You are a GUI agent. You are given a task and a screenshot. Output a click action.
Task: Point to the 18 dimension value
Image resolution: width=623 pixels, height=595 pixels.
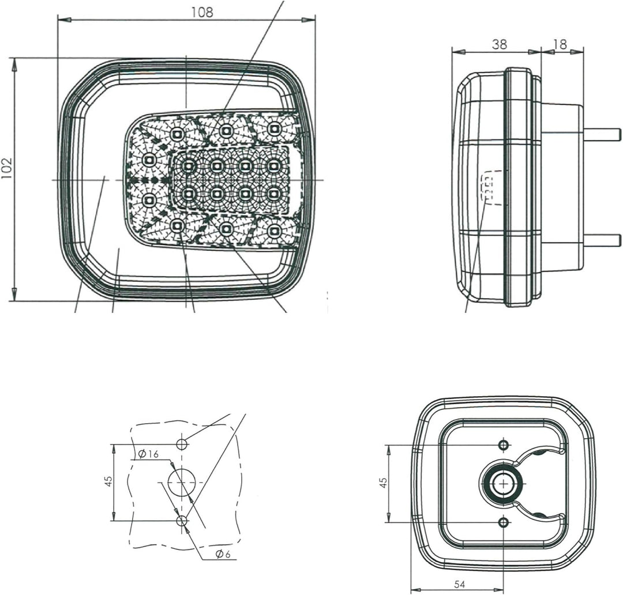[x=559, y=44]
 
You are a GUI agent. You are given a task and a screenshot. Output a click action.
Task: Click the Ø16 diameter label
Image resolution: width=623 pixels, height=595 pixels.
[x=148, y=454]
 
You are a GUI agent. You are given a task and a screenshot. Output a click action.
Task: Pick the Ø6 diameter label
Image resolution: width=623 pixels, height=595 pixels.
[x=224, y=554]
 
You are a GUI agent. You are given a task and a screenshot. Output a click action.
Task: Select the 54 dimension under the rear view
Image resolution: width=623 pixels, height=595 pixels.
[x=460, y=584]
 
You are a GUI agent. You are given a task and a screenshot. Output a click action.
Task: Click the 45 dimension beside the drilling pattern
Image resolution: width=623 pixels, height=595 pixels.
[x=108, y=482]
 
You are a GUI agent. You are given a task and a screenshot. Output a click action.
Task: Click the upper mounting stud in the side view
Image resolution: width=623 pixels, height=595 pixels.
[x=602, y=134]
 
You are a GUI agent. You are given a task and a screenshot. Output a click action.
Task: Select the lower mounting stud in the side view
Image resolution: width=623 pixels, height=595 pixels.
[x=602, y=240]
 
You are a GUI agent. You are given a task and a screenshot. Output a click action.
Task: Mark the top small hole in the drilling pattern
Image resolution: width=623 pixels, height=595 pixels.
[x=182, y=444]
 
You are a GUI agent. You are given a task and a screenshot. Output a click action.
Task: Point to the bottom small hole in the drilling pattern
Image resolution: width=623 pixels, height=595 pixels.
[x=182, y=521]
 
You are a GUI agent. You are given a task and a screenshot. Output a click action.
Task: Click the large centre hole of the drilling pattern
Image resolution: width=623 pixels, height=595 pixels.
[x=182, y=482]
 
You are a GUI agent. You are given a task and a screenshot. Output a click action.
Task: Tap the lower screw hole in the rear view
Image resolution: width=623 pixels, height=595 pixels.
[x=504, y=522]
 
